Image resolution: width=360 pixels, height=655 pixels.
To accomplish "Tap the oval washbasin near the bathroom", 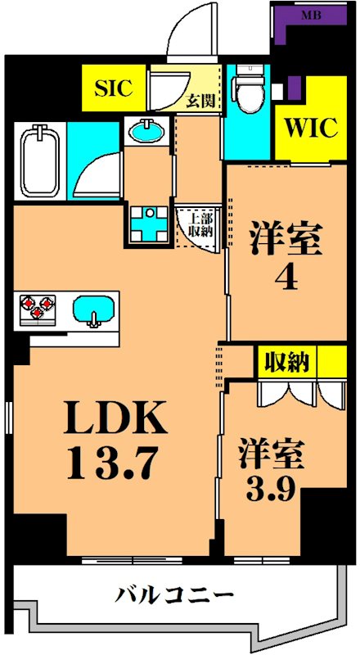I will (x=146, y=131).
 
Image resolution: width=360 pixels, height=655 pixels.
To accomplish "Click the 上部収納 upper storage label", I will (x=200, y=224).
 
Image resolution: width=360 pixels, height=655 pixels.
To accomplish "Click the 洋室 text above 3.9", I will (x=272, y=453).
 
